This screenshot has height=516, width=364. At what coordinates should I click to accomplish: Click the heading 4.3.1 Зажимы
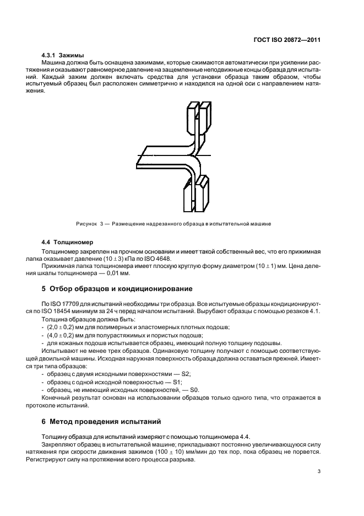coord(63,56)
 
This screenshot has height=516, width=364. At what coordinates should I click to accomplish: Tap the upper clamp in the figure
coord(199,119)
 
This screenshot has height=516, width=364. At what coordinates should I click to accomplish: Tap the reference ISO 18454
coord(66,312)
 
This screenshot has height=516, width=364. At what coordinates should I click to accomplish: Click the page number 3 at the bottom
coord(319,471)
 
